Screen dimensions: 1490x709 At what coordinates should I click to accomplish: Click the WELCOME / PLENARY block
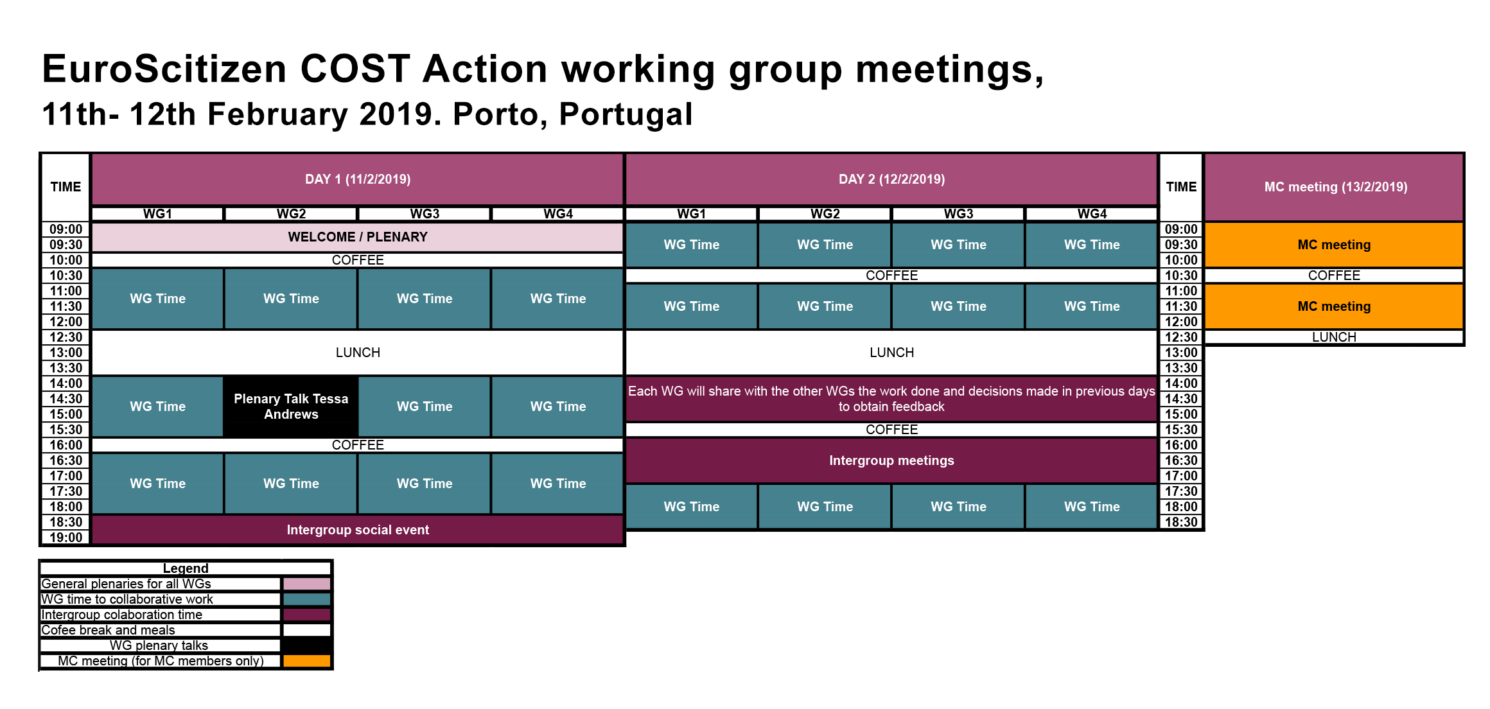pyautogui.click(x=358, y=237)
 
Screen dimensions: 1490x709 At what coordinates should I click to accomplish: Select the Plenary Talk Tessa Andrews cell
pyautogui.click(x=291, y=407)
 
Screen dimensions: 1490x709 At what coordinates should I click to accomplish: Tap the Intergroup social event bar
pyautogui.click(x=358, y=530)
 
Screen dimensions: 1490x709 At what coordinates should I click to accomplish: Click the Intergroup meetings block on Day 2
pyautogui.click(x=891, y=460)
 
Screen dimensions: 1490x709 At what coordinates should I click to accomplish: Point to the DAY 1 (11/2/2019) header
pyautogui.click(x=358, y=179)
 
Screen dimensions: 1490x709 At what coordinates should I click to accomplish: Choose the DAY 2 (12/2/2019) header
pyautogui.click(x=891, y=179)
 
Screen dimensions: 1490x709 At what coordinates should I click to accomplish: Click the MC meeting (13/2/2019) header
pyautogui.click(x=1335, y=187)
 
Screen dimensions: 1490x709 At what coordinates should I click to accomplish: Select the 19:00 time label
pyautogui.click(x=66, y=538)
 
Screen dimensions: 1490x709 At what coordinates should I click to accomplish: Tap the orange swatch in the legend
pyautogui.click(x=307, y=661)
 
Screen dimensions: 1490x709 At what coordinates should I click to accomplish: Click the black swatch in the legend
pyautogui.click(x=307, y=645)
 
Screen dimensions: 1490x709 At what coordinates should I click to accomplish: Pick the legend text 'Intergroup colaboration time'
pyautogui.click(x=122, y=615)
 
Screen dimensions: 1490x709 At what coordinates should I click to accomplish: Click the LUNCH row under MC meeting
pyautogui.click(x=1334, y=337)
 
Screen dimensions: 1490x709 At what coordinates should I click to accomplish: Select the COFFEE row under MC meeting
pyautogui.click(x=1334, y=276)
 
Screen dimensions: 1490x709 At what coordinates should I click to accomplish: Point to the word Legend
pyautogui.click(x=186, y=568)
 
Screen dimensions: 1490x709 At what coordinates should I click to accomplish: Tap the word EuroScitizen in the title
pyautogui.click(x=164, y=69)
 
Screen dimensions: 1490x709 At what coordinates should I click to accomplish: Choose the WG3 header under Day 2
pyautogui.click(x=958, y=214)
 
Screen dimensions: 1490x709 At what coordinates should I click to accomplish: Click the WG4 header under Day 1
pyautogui.click(x=558, y=214)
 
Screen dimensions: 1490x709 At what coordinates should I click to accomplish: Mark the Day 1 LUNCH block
pyautogui.click(x=358, y=353)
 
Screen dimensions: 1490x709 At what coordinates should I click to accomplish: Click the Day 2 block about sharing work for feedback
pyautogui.click(x=891, y=399)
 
